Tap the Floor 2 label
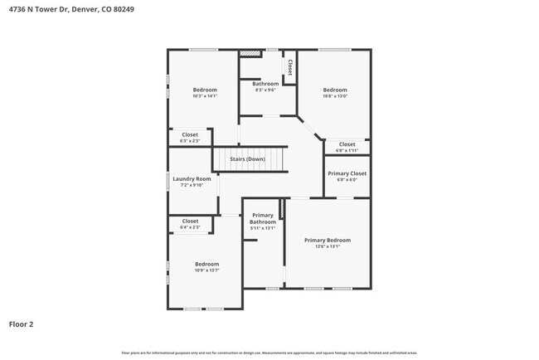coord(22,324)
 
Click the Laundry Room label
coord(192,178)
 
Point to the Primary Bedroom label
coord(327,240)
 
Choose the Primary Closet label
coord(347,173)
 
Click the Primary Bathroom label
coord(263,218)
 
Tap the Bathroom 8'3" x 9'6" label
coord(265,84)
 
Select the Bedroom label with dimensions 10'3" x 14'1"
coord(205,90)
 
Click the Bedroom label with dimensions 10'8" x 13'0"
coord(335,90)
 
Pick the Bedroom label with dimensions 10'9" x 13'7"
coord(206,264)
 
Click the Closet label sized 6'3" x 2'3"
coord(190,134)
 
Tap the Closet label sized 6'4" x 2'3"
coord(190,221)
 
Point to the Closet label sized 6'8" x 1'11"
coord(347,144)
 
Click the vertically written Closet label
coord(289,66)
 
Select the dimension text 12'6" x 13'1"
coord(327,246)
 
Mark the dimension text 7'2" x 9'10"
coord(192,185)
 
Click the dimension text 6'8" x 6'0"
coord(347,179)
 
